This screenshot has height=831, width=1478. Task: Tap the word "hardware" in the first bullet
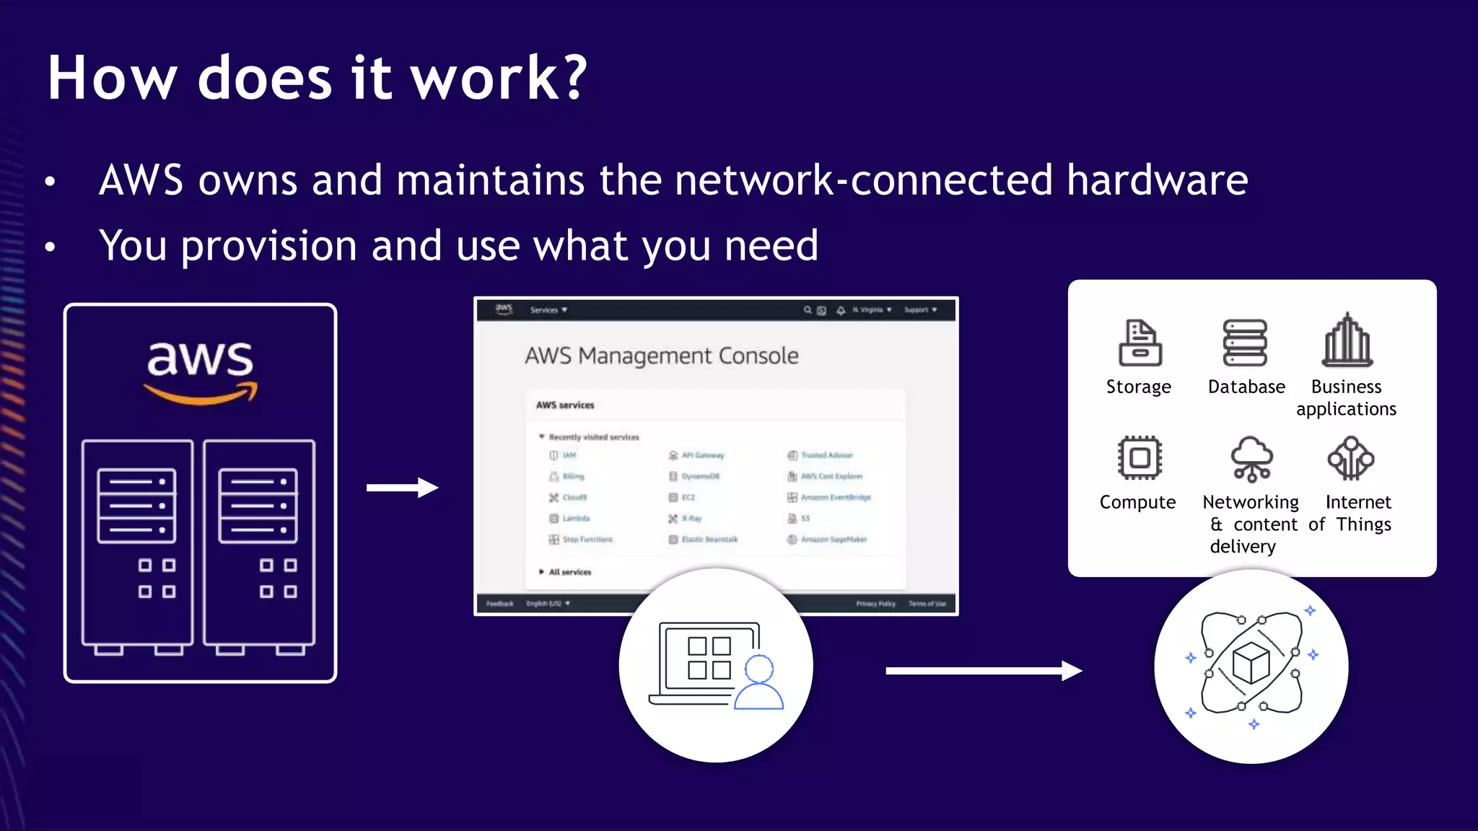1157,180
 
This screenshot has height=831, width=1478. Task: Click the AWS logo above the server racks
201,369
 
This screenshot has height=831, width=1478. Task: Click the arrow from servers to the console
402,488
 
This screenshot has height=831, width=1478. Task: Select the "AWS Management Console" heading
661,356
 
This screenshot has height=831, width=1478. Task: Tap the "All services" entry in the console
569,572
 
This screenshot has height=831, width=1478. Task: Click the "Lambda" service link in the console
576,519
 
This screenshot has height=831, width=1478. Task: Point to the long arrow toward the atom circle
983,671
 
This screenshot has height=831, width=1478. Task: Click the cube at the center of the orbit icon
1251,663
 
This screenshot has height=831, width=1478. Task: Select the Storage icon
1140,343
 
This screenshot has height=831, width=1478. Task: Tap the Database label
1246,387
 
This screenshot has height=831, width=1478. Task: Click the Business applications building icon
1347,340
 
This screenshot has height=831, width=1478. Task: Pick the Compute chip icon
1140,458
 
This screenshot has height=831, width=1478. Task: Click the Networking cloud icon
1251,458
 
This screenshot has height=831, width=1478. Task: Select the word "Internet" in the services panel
1358,502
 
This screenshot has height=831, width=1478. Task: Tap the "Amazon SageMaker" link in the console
833,540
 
